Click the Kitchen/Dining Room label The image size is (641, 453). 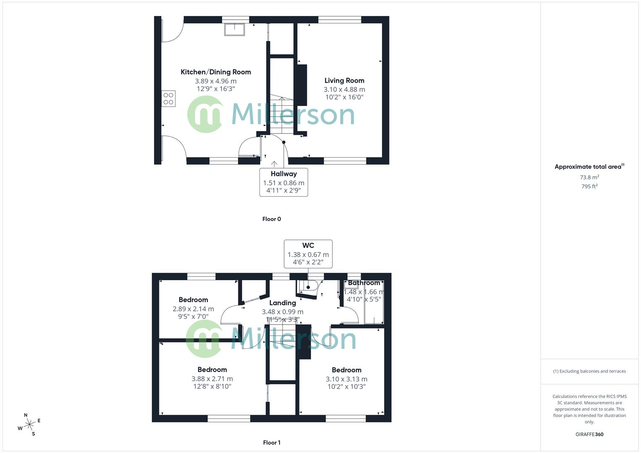coord(216,72)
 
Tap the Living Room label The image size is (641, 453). coord(344,81)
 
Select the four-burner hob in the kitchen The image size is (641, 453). coord(168,99)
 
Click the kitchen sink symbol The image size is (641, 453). coord(234,29)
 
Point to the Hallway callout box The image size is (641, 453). coord(284,182)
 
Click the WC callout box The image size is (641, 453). coord(308,254)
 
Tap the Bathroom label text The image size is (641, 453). coord(364,283)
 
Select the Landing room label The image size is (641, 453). coord(283,303)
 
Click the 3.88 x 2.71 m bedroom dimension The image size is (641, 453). coord(212,379)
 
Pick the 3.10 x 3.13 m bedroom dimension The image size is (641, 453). coord(346,379)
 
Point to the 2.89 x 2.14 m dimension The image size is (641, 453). coord(193,309)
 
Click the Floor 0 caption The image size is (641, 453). coord(272,219)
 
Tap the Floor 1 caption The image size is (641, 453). coord(272,443)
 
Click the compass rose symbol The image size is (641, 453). coord(29,425)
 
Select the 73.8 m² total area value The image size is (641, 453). coord(589,177)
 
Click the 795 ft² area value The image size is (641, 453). coord(589,187)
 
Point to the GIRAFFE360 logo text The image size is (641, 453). coord(589,434)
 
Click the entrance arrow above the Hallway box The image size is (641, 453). coord(274,164)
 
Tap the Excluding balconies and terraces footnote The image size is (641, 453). coord(589,371)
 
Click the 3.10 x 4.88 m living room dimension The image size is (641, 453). coord(344,89)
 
